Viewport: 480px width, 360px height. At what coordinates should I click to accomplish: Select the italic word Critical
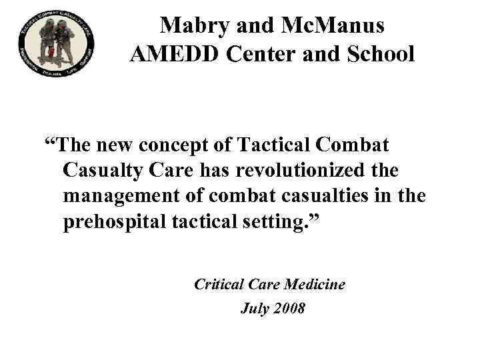pyautogui.click(x=217, y=285)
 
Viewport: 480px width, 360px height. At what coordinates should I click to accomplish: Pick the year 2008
pyautogui.click(x=289, y=309)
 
